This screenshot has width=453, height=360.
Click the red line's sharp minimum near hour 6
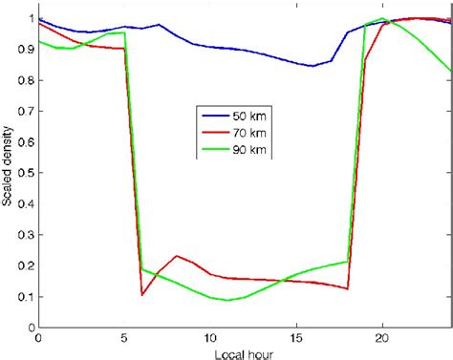pyautogui.click(x=142, y=294)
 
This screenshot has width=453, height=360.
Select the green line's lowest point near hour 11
pyautogui.click(x=227, y=300)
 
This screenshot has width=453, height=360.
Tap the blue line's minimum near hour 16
pyautogui.click(x=313, y=66)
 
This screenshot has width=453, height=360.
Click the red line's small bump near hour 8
pyautogui.click(x=176, y=256)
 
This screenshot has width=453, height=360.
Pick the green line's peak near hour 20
pyautogui.click(x=382, y=18)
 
